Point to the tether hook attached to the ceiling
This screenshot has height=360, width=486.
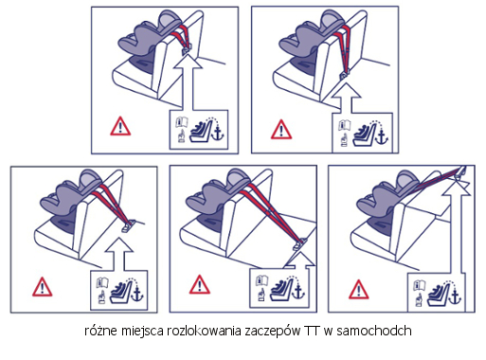459,173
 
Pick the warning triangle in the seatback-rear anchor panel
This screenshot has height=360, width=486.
279,129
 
